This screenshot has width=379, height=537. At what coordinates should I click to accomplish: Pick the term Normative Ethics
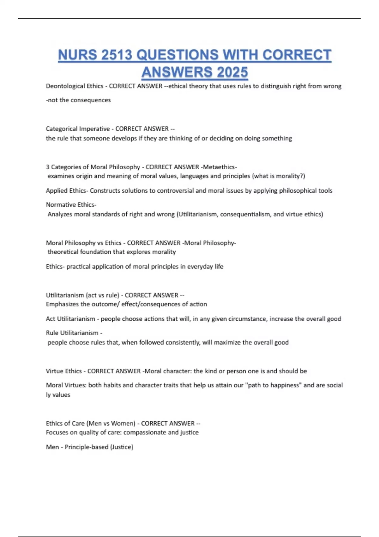click(x=70, y=204)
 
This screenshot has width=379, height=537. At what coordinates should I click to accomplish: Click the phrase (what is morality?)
click(x=279, y=176)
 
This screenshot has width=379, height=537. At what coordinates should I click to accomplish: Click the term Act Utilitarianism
click(x=70, y=319)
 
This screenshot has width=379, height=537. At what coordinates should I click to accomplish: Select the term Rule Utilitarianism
click(x=72, y=333)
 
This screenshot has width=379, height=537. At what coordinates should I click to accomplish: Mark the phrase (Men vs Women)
click(x=111, y=423)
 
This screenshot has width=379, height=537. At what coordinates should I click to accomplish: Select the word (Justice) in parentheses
click(x=122, y=447)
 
